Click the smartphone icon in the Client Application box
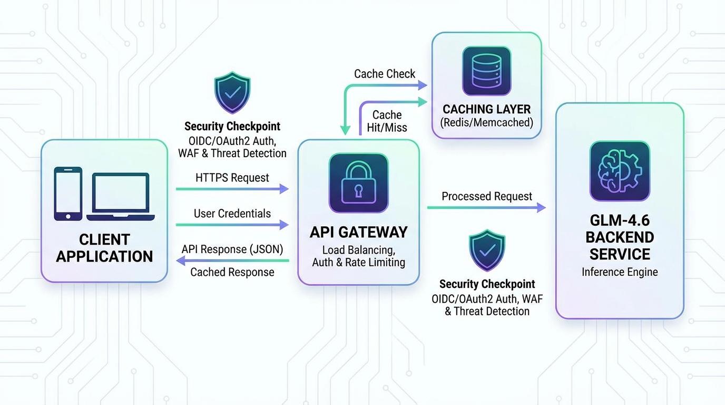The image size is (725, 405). coord(68,194)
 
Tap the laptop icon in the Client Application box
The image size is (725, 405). coord(121,197)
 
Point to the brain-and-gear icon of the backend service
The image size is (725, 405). coord(620,171)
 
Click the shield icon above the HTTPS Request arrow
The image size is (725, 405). coord(232,93)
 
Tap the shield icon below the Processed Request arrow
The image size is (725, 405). coord(487,250)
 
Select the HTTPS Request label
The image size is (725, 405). coord(232,178)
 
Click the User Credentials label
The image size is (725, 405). coord(232,214)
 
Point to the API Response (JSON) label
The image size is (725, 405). coord(232,249)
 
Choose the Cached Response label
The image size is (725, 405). coord(232,272)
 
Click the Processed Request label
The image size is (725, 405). coord(487,197)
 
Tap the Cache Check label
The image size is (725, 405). coord(385,74)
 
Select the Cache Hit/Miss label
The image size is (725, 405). coord(387,121)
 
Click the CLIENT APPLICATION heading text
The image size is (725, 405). coord(104,248)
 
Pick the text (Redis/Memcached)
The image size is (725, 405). coord(487,123)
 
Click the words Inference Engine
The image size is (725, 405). coord(620,272)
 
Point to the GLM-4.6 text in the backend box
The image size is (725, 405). coord(620,220)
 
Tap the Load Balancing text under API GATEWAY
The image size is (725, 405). coord(358,249)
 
